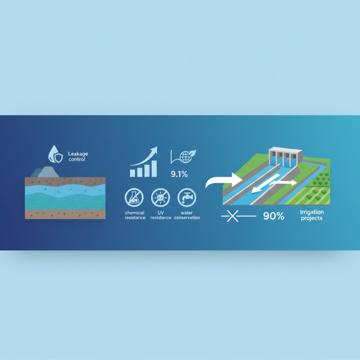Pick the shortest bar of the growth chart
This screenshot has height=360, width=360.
[132, 172]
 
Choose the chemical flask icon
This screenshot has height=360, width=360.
[135, 198]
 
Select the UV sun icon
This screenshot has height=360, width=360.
[160, 198]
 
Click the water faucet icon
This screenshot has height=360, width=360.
[186, 198]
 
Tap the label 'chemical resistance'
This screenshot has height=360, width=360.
[135, 215]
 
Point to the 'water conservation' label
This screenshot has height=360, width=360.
[187, 215]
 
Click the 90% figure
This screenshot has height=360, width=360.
[274, 216]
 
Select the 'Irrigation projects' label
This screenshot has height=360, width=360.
[311, 215]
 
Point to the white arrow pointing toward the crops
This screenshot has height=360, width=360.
[284, 183]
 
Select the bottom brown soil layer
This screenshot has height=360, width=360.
[65, 214]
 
